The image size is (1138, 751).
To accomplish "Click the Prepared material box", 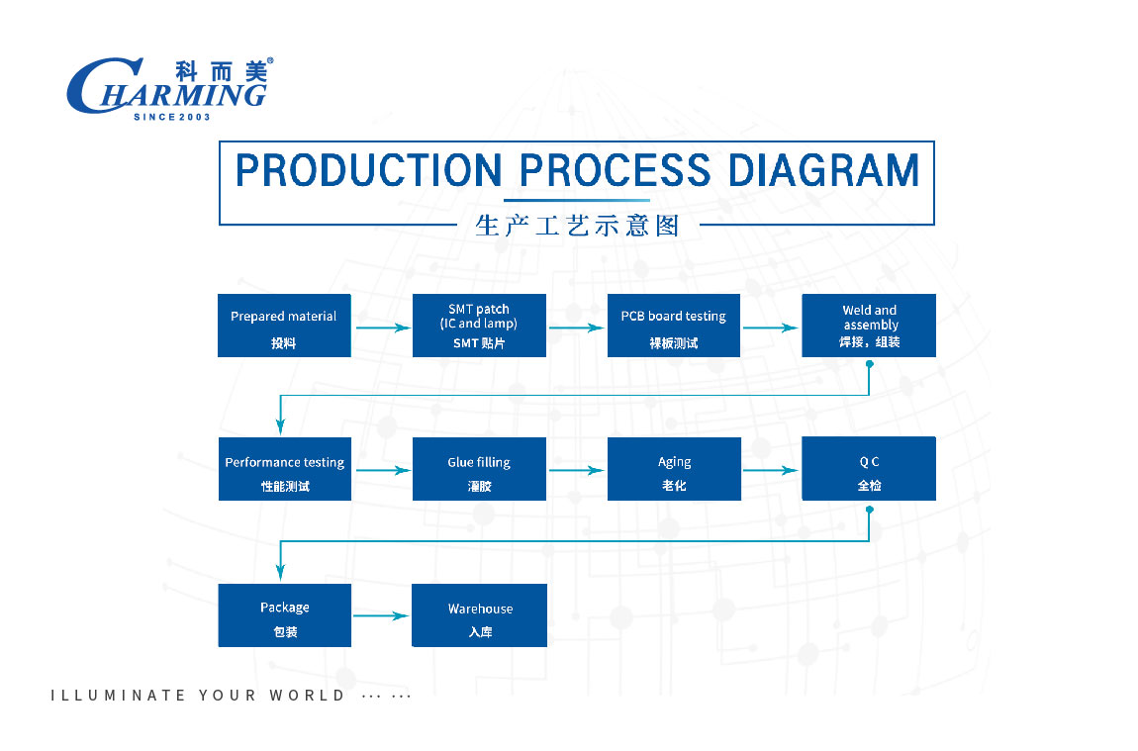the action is [x=284, y=326].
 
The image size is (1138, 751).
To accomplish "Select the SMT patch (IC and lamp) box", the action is [x=479, y=326].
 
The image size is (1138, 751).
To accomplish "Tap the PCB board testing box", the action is [x=674, y=326].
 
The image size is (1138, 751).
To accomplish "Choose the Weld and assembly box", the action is [x=869, y=326].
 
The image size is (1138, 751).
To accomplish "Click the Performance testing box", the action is [x=285, y=469].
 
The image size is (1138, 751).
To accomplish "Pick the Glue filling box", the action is [x=479, y=469].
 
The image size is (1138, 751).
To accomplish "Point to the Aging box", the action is [x=674, y=469].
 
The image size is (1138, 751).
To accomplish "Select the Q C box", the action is [x=869, y=468].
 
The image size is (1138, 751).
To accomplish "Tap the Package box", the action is [x=285, y=615].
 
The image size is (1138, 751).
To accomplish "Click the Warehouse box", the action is [x=479, y=615].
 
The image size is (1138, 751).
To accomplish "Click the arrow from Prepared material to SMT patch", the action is [x=383, y=328].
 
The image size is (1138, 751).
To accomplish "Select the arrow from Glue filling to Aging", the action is [x=576, y=470].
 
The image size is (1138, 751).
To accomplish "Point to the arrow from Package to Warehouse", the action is [x=381, y=616].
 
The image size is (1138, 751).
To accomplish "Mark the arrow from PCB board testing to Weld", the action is [x=771, y=328].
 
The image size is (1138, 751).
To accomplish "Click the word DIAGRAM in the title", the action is [x=823, y=170].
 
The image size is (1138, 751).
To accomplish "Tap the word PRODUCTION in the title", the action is [x=368, y=170].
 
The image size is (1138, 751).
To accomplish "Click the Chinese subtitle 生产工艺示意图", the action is [x=578, y=226].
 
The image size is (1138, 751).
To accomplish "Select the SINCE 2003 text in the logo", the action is [x=172, y=117].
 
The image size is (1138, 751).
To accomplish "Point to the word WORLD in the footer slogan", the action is [x=307, y=696].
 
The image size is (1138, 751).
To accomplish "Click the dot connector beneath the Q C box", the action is [x=870, y=510].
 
